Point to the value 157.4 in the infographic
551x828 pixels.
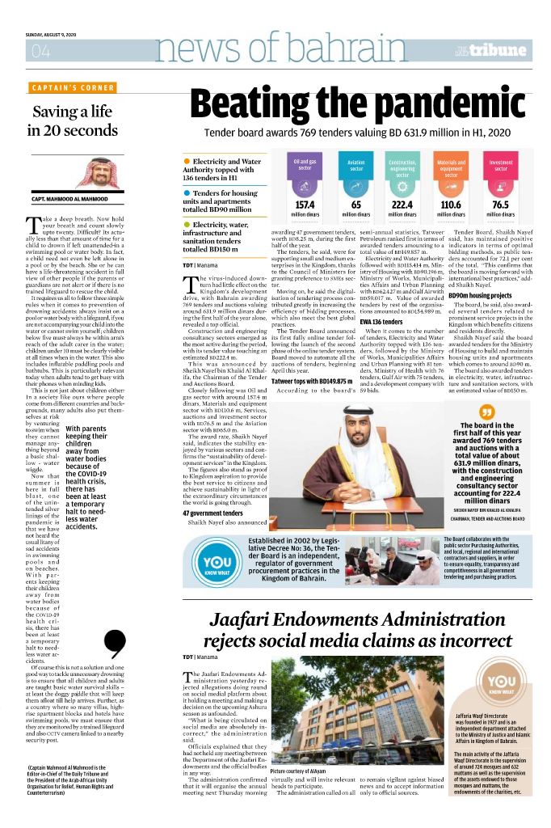click(305, 205)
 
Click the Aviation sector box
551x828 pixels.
click(355, 166)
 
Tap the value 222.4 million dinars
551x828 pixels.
click(402, 205)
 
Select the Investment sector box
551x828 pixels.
click(501, 166)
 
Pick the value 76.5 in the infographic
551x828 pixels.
click(501, 205)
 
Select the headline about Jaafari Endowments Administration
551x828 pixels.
click(360, 632)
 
